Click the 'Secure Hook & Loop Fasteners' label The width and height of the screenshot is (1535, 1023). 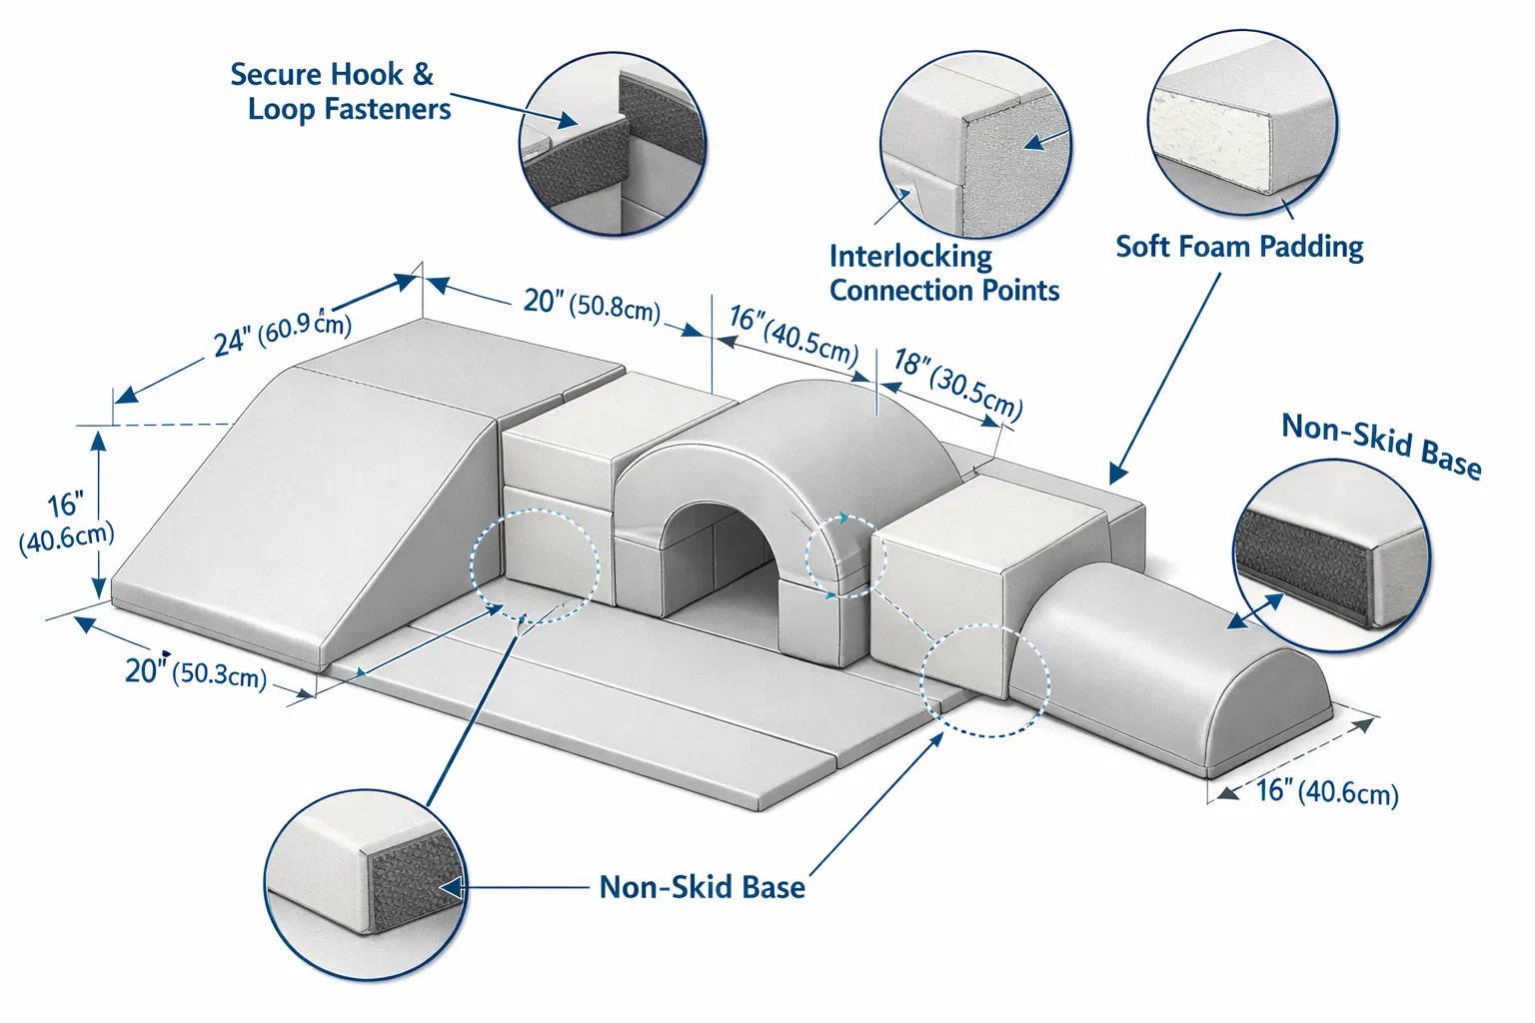pos(340,91)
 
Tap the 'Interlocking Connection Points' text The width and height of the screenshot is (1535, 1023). pos(942,273)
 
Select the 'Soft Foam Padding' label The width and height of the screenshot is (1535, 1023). pos(1239,247)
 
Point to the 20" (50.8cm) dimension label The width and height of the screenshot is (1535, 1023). pos(592,305)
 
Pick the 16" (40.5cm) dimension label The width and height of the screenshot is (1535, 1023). pos(793,334)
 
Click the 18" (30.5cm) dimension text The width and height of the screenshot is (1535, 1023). pos(957,383)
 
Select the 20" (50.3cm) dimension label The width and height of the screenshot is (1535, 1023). pos(196,673)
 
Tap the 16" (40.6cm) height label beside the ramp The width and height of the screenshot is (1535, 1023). pos(66,521)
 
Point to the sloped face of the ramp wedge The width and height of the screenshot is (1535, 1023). pos(320,500)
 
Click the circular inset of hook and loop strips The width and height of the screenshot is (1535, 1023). pos(613,144)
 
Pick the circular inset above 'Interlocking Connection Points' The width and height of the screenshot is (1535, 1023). pos(975,145)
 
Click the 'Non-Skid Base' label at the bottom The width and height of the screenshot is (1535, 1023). pos(702,887)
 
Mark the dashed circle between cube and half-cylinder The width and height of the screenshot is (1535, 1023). pos(985,680)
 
